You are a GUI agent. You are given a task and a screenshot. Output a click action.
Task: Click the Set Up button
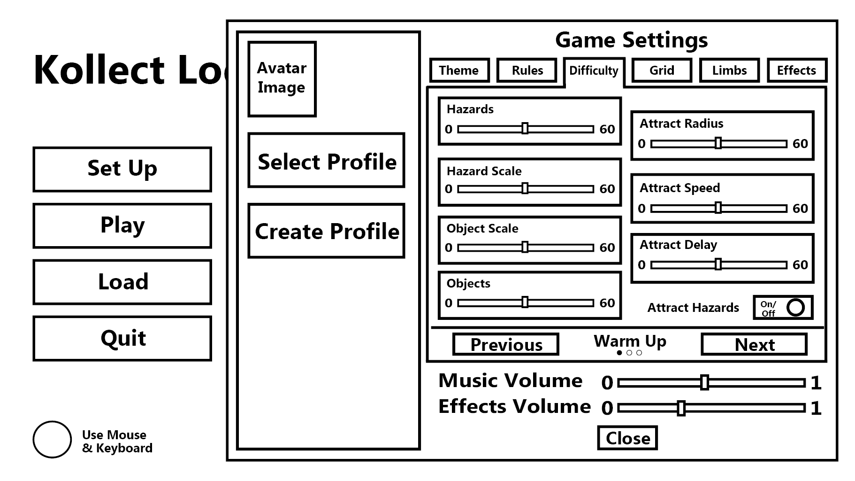[x=122, y=169]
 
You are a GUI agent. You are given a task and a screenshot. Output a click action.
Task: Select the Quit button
[x=122, y=338]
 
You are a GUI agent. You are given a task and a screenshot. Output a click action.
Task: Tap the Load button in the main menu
[x=122, y=282]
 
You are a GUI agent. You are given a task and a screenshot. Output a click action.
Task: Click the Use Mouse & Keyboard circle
[x=52, y=440]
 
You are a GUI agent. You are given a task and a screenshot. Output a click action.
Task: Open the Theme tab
[x=459, y=70]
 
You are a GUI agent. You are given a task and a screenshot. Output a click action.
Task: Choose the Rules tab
[x=527, y=70]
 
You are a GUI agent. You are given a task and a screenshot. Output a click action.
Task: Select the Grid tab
[x=662, y=70]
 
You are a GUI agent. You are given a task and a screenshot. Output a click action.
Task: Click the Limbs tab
[x=729, y=70]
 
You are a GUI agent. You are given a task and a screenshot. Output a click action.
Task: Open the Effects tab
[x=797, y=70]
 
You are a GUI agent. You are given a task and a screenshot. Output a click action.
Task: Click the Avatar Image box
[x=282, y=79]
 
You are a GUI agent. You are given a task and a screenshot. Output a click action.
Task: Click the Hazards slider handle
[x=525, y=128]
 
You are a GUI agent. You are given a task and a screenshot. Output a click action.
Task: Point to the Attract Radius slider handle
[x=718, y=143]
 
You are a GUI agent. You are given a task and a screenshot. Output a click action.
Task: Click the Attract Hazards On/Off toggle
[x=783, y=308]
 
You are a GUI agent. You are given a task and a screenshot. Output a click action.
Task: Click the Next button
[x=754, y=344]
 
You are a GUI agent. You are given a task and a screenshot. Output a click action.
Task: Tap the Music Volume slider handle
[x=704, y=382]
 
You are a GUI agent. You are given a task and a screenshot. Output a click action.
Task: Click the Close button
[x=627, y=438]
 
